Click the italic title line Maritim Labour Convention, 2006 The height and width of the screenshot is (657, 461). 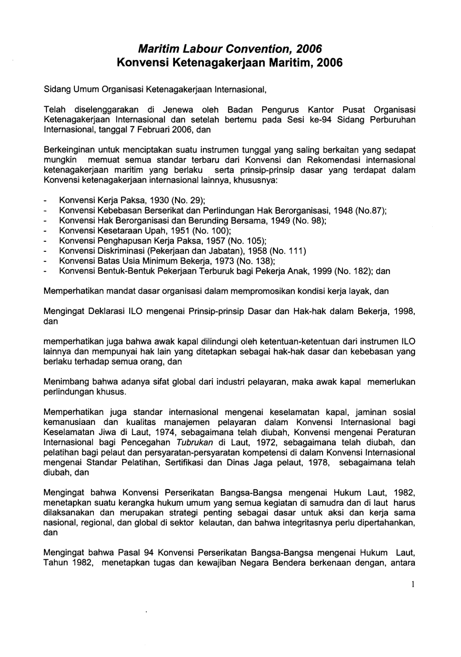click(x=230, y=49)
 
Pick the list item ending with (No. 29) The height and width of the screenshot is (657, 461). click(x=132, y=201)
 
